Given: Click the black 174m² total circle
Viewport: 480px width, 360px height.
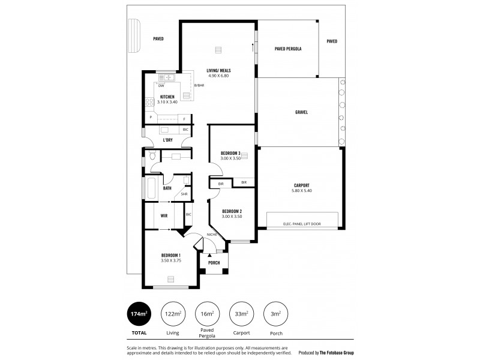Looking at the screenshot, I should (x=139, y=314).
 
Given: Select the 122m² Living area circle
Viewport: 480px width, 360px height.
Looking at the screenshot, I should (x=173, y=314).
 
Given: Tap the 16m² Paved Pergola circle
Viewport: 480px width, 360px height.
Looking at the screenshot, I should (x=208, y=314).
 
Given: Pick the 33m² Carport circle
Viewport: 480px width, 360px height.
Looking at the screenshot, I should (x=242, y=314).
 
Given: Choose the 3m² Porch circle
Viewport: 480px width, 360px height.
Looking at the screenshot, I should (x=276, y=314).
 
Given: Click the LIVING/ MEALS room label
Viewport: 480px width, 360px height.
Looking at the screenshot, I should (x=218, y=71).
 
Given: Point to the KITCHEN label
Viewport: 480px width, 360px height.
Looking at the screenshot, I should (x=167, y=97).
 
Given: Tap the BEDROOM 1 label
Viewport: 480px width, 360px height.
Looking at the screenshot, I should (x=170, y=255).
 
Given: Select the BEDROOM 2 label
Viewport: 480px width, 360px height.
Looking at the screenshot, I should (x=231, y=211).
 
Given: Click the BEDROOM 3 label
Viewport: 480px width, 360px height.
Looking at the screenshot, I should (x=230, y=153).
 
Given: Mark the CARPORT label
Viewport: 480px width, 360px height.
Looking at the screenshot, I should (x=301, y=185).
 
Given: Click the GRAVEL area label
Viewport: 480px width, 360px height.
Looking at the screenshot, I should (x=301, y=112).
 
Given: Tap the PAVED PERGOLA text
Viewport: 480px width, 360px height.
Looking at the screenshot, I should (x=287, y=48).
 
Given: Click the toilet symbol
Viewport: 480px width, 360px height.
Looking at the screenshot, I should (x=152, y=157).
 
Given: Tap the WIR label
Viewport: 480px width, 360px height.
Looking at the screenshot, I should (x=163, y=215).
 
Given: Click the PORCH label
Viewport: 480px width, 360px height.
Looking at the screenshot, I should (x=214, y=263).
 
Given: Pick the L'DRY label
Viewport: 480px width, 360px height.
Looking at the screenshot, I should (x=168, y=140).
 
